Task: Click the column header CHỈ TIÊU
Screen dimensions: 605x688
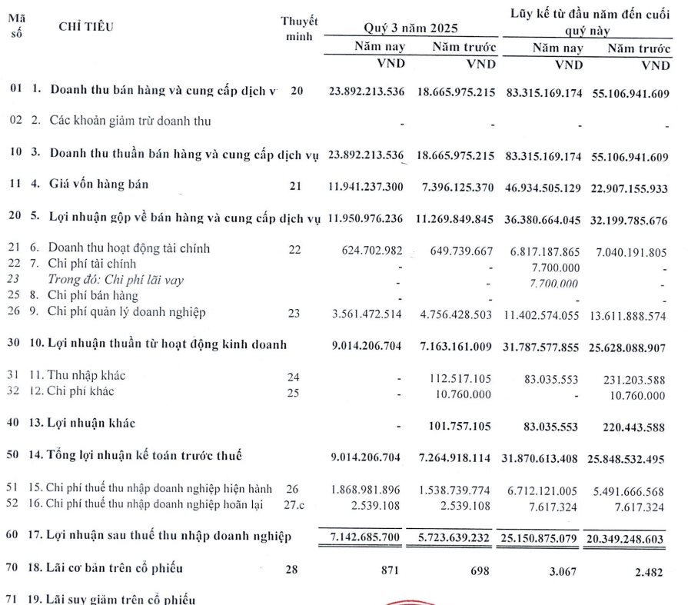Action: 85,27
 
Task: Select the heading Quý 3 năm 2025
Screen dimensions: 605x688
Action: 411,28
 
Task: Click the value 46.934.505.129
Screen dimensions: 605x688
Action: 543,187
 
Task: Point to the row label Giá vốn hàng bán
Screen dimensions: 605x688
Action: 99,184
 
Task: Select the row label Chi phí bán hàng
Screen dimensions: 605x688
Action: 94,295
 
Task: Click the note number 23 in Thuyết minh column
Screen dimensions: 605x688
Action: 296,313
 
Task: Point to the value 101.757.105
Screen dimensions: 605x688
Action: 454,424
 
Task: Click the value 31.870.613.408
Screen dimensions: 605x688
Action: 543,457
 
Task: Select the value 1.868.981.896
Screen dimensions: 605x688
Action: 365,489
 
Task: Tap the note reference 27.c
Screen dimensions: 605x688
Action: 296,506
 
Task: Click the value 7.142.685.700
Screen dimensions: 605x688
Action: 361,536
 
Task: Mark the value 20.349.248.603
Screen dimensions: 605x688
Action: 629,537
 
